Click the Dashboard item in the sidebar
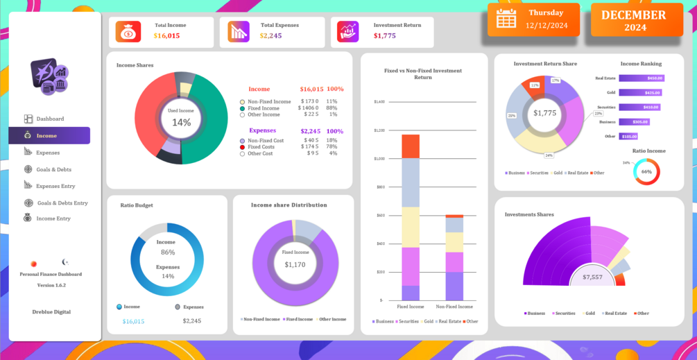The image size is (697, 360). pyautogui.click(x=49, y=119)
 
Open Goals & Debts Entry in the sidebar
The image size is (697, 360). pyautogui.click(x=62, y=203)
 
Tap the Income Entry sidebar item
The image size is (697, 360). pyautogui.click(x=53, y=218)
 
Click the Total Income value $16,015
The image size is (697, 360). pyautogui.click(x=166, y=36)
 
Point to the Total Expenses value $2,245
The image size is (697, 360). pyautogui.click(x=270, y=36)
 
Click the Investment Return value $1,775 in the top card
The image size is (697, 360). pyautogui.click(x=384, y=36)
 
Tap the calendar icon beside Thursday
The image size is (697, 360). pyautogui.click(x=506, y=18)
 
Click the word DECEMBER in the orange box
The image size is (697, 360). pyautogui.click(x=633, y=15)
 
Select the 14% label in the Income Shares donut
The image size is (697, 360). pyautogui.click(x=181, y=123)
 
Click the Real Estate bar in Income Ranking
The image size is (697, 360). pyautogui.click(x=642, y=78)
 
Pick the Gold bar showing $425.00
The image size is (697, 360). pyautogui.click(x=640, y=92)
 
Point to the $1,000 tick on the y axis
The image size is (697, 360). pyautogui.click(x=379, y=159)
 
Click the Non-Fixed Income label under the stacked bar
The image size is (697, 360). pyautogui.click(x=454, y=307)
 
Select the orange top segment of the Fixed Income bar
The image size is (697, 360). pyautogui.click(x=411, y=146)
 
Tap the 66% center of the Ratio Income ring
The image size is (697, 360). pyautogui.click(x=646, y=171)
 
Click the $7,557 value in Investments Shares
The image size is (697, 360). pyautogui.click(x=592, y=277)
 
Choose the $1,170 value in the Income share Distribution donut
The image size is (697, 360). pyautogui.click(x=295, y=264)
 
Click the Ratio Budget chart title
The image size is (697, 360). pyautogui.click(x=137, y=205)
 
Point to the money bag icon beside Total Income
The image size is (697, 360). pyautogui.click(x=128, y=32)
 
